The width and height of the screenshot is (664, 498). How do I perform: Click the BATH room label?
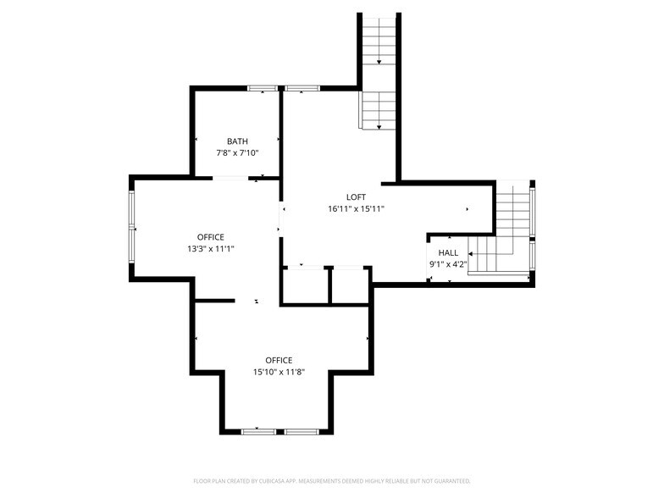[x=237, y=141]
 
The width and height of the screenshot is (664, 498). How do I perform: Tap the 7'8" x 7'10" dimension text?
[x=237, y=152]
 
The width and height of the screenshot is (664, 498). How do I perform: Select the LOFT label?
[x=356, y=196]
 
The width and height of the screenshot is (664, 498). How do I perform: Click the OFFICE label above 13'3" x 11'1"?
[x=211, y=236]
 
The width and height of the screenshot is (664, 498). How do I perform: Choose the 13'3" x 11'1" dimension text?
[x=211, y=249]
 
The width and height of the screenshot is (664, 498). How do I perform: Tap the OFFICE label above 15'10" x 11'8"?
[x=279, y=360]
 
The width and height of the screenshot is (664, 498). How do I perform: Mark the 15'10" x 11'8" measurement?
[x=279, y=372]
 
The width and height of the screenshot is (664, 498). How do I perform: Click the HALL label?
[x=448, y=252]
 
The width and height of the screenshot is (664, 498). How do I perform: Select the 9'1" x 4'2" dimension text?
[x=448, y=264]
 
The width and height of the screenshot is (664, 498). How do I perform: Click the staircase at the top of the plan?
[x=379, y=72]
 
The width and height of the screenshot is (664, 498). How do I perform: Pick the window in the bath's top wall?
[x=263, y=87]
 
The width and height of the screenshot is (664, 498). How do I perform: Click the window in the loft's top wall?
[x=302, y=87]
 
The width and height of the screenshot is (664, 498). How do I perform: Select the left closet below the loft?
[x=305, y=285]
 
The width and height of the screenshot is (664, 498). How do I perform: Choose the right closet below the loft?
[x=350, y=285]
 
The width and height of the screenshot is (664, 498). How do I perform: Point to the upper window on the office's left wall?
[x=131, y=208]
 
